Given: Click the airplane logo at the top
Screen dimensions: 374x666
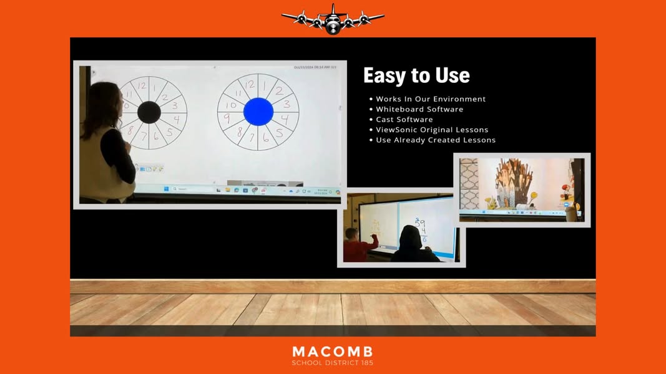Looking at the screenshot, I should click(x=333, y=19).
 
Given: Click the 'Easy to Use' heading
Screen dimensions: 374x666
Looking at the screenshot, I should click(x=416, y=75).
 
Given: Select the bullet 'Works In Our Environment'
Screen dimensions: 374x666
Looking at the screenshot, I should click(x=431, y=99).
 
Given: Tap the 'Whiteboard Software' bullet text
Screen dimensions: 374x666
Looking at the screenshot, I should click(x=419, y=109).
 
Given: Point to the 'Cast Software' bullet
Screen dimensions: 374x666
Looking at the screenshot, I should click(x=404, y=120).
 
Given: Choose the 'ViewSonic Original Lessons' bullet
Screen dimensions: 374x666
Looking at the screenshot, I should click(x=432, y=130).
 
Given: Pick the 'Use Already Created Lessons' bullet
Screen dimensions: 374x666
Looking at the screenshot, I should click(x=436, y=140).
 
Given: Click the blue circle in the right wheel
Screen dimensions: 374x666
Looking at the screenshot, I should click(x=258, y=112).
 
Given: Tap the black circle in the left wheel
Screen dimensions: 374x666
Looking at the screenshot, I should click(x=149, y=112).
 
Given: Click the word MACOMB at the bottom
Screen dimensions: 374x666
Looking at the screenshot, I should click(x=333, y=352).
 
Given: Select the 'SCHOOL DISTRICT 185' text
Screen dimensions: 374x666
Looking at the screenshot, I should click(x=333, y=363).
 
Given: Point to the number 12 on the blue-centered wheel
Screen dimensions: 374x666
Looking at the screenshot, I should click(x=250, y=85).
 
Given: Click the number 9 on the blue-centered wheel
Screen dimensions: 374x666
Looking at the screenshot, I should click(x=227, y=118).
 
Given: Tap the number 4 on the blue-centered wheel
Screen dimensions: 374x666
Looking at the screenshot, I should click(x=285, y=118).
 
